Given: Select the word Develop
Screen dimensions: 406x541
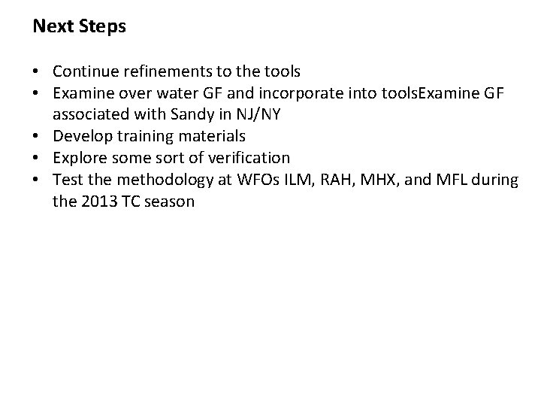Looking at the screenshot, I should click(x=80, y=137).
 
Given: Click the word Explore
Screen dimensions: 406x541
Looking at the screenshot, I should click(x=79, y=159).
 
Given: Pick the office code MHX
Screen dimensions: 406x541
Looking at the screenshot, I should click(x=367, y=180).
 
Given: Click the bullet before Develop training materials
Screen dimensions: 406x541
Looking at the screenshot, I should click(x=38, y=137).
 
